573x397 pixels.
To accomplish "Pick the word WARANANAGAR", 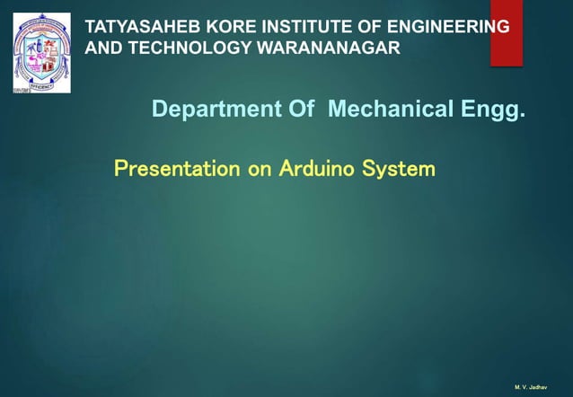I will [x=328, y=48].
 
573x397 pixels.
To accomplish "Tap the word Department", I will [x=202, y=110].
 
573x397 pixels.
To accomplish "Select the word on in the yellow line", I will [x=260, y=168].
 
